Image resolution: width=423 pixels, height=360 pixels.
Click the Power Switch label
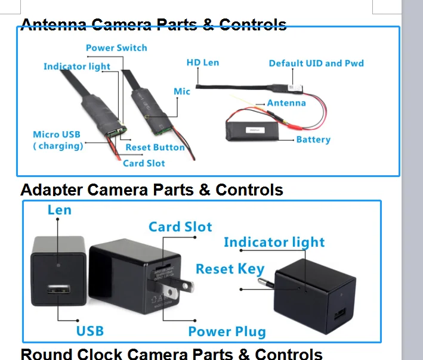116,48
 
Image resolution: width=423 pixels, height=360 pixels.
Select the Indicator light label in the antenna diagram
76,66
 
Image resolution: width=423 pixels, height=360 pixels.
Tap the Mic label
182,91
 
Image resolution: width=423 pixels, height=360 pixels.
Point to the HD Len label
203,63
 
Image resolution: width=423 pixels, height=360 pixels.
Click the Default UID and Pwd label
316,63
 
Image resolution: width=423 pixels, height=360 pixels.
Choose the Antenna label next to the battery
286,103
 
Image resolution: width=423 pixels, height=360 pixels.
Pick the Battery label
313,139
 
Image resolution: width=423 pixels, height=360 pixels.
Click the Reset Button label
155,147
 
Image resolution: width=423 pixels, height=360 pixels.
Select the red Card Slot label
144,163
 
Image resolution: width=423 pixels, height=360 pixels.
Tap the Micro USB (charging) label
57,140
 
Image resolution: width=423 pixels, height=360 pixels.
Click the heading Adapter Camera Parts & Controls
152,190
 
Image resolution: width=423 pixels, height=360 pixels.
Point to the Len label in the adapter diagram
59,210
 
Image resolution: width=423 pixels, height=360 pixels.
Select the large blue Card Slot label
180,226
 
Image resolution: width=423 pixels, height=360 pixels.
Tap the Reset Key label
230,269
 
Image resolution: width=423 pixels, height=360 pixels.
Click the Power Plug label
227,332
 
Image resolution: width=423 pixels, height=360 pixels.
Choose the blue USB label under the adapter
89,331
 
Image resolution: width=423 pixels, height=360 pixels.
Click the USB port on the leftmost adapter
58,290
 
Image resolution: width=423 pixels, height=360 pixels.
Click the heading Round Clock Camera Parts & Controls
171,354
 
